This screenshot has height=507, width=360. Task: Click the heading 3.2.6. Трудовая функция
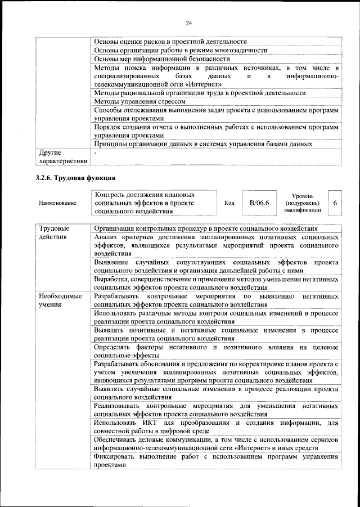tap(72, 178)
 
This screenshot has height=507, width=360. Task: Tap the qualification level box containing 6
tap(335, 203)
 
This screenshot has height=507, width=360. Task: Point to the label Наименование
tap(57, 203)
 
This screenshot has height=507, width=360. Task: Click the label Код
tap(229, 203)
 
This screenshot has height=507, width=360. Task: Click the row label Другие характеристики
tap(62, 156)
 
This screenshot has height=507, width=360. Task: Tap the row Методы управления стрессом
tap(139, 101)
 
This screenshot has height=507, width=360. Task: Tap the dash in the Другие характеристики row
tap(96, 152)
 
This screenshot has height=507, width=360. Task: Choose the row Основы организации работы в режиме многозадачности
tap(180, 50)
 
